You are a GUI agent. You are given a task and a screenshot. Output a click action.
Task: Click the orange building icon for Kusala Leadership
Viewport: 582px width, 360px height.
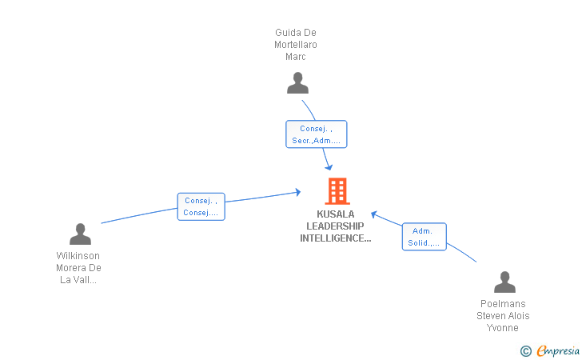337,191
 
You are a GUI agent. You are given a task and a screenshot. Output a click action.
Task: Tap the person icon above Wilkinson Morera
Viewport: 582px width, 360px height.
80,234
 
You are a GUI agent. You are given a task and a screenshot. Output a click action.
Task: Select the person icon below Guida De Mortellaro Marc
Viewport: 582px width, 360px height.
297,83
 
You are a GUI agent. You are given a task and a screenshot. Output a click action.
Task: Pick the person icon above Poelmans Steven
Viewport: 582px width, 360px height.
504,282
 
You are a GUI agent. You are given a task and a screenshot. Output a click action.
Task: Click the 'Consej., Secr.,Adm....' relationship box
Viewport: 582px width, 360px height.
317,134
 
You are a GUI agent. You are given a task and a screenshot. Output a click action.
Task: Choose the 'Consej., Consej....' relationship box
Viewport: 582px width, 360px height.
201,206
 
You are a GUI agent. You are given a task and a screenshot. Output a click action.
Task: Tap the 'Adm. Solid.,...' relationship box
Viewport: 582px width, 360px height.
424,237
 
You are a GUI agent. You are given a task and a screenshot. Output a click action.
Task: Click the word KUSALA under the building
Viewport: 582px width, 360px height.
335,214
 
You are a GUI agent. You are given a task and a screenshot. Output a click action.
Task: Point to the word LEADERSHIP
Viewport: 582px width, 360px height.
335,226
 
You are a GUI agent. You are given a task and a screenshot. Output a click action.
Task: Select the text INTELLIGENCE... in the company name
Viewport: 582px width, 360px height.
335,238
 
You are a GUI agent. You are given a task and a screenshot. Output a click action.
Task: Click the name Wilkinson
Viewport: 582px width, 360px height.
78,256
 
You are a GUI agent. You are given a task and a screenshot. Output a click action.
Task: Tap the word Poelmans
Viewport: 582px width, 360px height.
503,304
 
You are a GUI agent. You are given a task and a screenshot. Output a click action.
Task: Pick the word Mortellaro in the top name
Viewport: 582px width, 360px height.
296,45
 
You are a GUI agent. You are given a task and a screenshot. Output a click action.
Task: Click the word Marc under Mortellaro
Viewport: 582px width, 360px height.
296,57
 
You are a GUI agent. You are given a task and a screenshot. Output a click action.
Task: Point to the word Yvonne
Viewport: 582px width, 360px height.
503,328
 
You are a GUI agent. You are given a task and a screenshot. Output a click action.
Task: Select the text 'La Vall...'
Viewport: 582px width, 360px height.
78,280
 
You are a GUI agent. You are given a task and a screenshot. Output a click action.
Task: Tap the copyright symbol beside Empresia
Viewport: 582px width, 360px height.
525,350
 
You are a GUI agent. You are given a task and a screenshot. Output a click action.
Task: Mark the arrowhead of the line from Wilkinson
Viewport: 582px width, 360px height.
297,192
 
